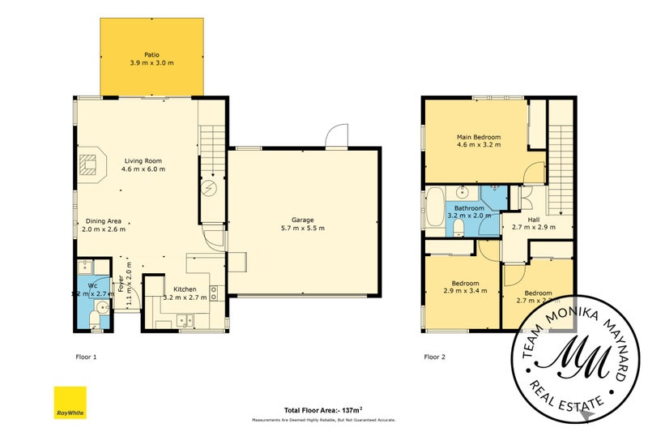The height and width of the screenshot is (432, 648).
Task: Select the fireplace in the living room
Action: coord(90,165)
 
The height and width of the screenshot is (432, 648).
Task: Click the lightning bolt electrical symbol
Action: coord(210,187)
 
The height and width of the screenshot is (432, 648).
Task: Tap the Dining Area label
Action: coord(103,220)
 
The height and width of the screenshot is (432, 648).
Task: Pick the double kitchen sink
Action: coord(183,319)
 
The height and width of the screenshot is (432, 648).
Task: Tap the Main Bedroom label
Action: coord(479,138)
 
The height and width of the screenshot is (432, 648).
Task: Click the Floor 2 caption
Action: coord(435,356)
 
